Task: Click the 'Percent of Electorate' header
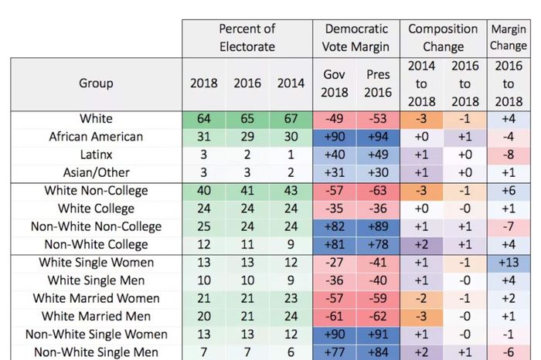coord(247,38)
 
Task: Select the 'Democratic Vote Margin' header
coord(356,38)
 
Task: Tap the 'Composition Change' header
coord(443,38)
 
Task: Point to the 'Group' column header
coord(96,83)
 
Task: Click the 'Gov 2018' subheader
coord(334,83)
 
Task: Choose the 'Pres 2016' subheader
coord(379,83)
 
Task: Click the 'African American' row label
coord(96,137)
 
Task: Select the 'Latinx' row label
coord(96,155)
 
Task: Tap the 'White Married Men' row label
coord(96,316)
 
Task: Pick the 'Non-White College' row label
coord(96,244)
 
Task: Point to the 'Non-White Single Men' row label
coord(96,352)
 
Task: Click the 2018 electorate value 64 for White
coord(204,119)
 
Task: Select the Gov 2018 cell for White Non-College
coord(334,191)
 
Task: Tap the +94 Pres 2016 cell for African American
coord(379,137)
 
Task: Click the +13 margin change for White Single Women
coord(508,263)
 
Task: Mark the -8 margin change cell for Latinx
coord(508,155)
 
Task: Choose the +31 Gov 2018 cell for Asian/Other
coord(334,173)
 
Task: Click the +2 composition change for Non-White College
coord(422,244)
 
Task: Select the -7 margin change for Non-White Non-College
coord(508,226)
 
